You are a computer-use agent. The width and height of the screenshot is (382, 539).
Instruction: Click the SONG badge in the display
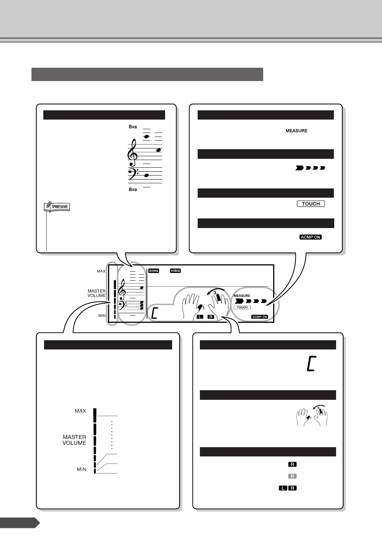154,271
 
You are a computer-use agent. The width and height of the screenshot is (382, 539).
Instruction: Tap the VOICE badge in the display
175,271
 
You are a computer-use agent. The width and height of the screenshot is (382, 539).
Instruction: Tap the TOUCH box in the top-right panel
311,204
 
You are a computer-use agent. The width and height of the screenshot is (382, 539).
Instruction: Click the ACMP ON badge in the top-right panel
311,237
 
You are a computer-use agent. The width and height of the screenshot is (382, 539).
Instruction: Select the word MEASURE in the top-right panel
296,131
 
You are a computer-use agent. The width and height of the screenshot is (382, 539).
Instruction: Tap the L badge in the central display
200,317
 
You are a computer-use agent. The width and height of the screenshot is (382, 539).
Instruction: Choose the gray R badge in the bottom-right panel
292,476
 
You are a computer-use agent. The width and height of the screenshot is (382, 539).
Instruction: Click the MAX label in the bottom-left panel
80,411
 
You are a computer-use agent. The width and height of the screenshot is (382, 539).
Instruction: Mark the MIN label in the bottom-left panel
81,469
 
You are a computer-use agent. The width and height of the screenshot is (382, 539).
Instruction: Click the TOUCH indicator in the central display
242,307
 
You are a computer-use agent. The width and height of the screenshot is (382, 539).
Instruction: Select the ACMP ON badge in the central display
259,317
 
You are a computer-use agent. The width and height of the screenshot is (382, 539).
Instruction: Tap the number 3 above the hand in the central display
214,293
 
